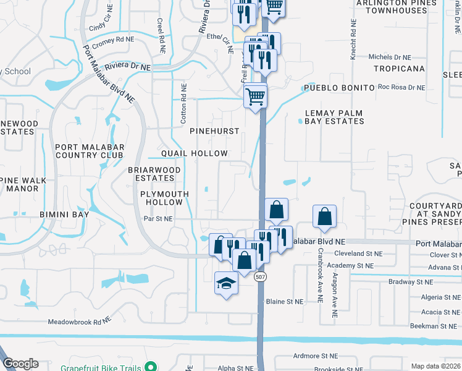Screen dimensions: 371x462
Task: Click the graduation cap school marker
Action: point(226,284)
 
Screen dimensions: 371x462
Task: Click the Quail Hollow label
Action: point(195,153)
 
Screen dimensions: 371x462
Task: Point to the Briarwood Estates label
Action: point(154,174)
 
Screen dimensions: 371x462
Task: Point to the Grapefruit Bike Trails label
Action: point(99,366)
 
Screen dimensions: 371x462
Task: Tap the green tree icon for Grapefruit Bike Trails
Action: point(148,366)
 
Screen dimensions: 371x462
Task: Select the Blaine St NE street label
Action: point(285,302)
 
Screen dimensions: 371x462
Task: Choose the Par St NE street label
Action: point(158,219)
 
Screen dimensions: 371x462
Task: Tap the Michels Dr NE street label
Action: point(388,57)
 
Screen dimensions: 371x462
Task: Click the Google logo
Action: point(20,364)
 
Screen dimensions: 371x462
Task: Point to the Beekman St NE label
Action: point(432,326)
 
